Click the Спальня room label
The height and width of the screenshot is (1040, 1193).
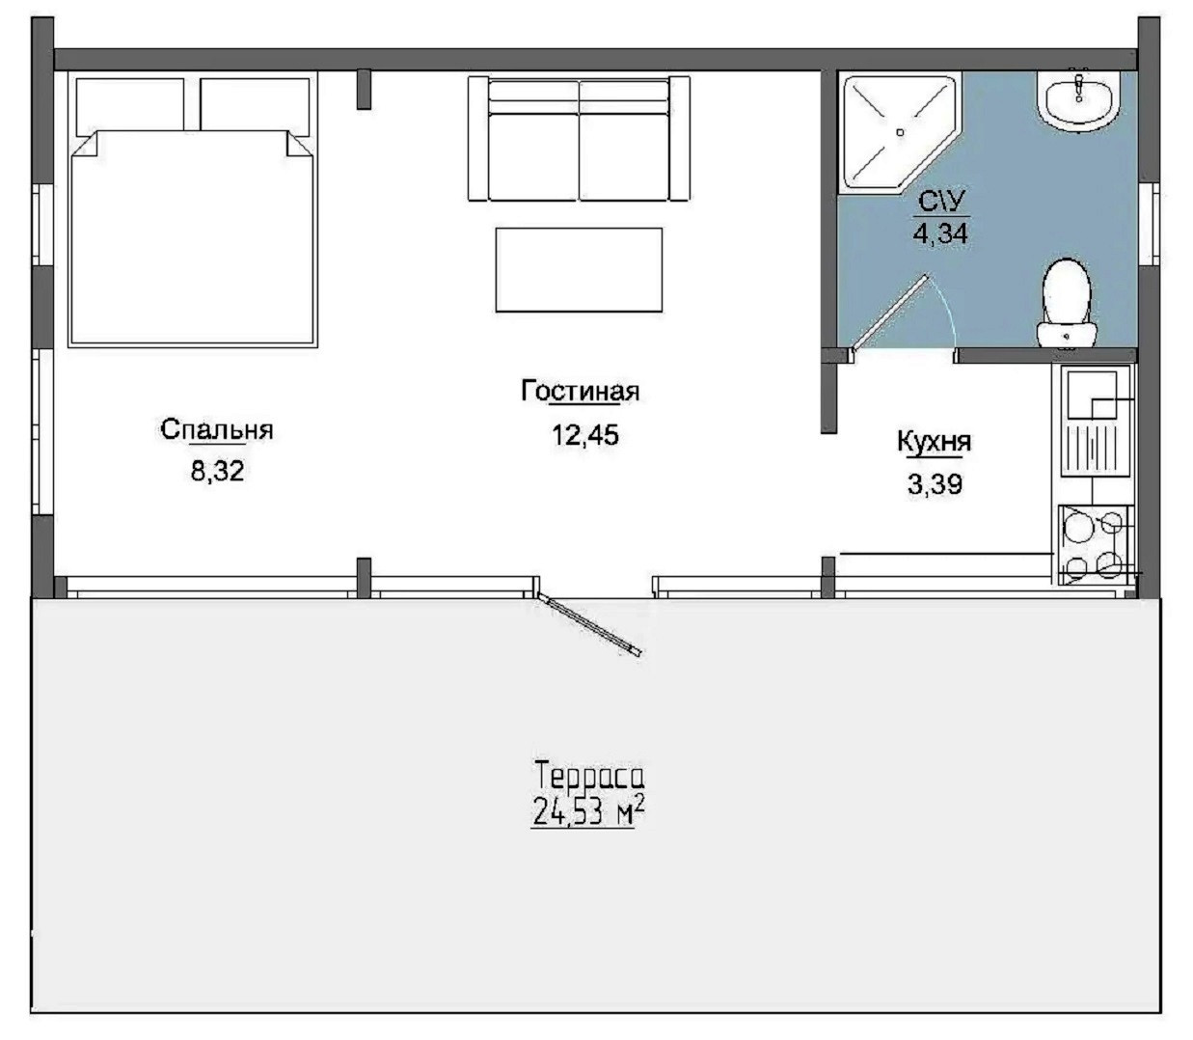point(217,430)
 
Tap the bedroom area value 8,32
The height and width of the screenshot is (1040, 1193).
point(217,471)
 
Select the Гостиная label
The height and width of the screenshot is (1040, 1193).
point(581,391)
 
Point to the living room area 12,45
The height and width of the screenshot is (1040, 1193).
point(585,435)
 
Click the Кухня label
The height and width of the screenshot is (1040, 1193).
point(935,442)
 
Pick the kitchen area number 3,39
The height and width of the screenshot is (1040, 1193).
point(935,483)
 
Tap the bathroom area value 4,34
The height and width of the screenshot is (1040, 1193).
point(940,233)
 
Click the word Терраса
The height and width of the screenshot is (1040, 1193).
point(589,776)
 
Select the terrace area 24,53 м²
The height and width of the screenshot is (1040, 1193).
point(589,810)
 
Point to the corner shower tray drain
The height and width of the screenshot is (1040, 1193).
point(900,132)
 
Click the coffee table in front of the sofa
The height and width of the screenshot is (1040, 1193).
point(579,269)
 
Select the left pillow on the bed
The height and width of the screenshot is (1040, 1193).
point(130,105)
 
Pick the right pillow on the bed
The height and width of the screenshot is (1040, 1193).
point(255,105)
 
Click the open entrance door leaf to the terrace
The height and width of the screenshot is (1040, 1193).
point(589,625)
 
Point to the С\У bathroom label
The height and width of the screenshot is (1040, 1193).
point(940,202)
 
